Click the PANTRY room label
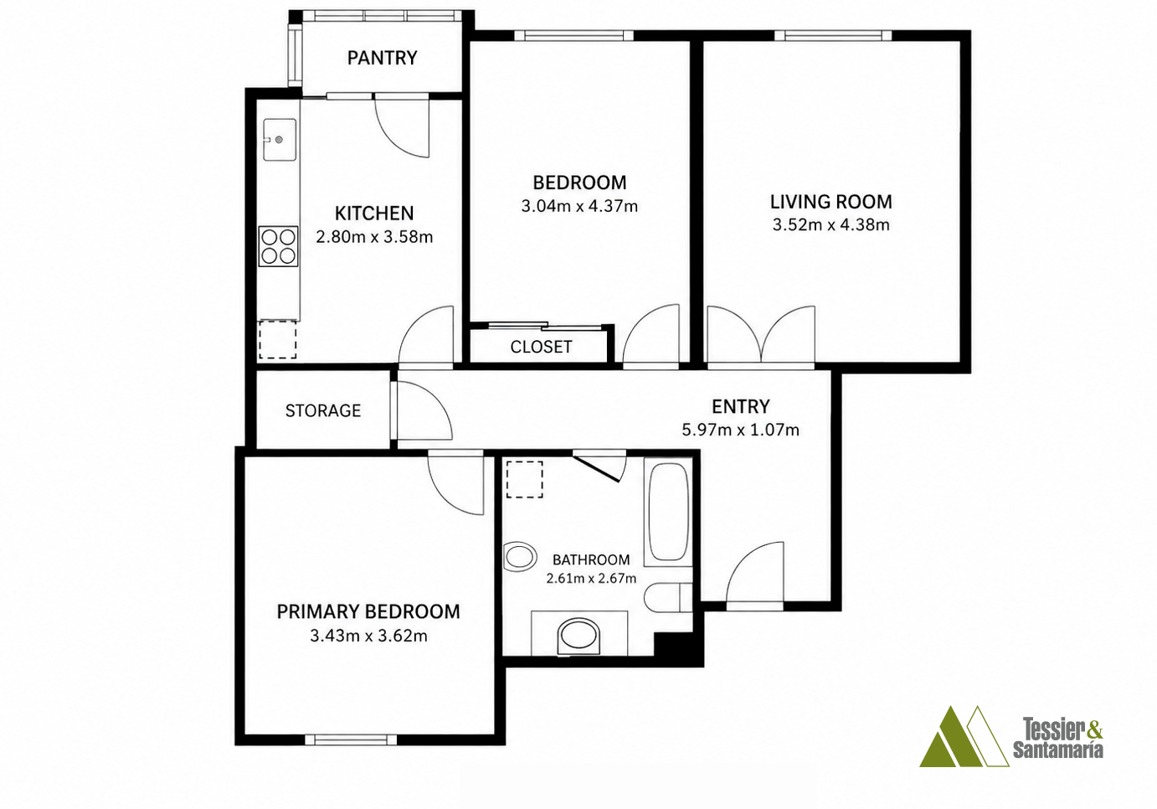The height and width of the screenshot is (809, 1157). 382,58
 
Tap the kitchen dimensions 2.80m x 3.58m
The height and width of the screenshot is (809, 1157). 374,237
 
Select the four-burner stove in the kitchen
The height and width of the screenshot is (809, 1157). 279,246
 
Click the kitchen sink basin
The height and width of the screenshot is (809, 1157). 280,140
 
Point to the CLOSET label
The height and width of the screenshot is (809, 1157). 541,347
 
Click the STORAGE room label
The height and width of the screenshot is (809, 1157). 323,410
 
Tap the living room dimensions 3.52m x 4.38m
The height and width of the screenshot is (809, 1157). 831,225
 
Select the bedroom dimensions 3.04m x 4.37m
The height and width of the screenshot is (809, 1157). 579,207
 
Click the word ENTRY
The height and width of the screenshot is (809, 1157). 741,406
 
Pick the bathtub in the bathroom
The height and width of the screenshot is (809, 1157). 668,512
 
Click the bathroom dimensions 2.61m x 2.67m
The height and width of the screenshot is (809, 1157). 591,578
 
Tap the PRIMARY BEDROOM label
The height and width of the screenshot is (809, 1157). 368,611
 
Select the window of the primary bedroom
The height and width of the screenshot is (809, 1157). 351,739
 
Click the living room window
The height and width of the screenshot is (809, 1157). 833,36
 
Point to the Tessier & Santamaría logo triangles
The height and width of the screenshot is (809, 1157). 964,736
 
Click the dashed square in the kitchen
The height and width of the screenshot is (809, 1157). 277,339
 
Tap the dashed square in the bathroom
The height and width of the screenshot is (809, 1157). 524,479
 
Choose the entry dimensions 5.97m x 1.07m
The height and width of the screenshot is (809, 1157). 741,430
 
